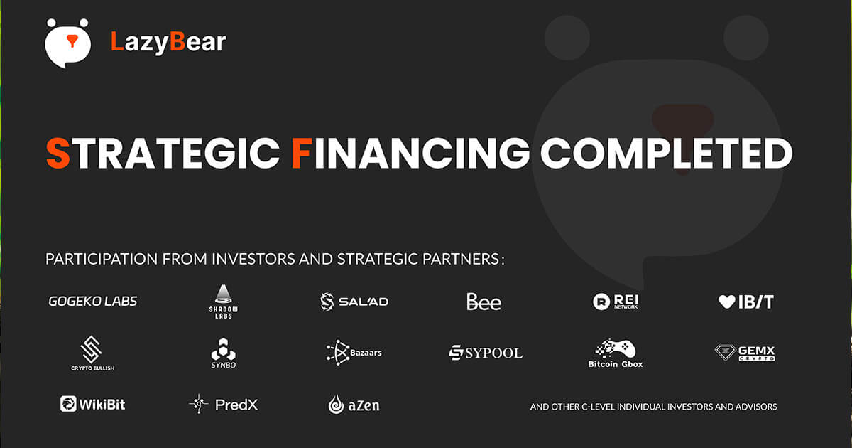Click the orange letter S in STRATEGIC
58,153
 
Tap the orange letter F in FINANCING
302,153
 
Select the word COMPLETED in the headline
667,153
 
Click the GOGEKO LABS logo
93,302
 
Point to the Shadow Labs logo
223,302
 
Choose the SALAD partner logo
354,302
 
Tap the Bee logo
484,302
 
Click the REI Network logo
616,302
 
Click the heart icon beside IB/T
726,302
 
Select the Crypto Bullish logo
92,353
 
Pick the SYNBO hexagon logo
223,353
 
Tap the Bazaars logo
354,353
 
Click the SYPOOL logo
486,353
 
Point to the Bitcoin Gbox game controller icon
616,348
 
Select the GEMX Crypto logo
745,353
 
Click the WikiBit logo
92,404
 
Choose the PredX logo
223,404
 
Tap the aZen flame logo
354,405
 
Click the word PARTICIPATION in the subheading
101,259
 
